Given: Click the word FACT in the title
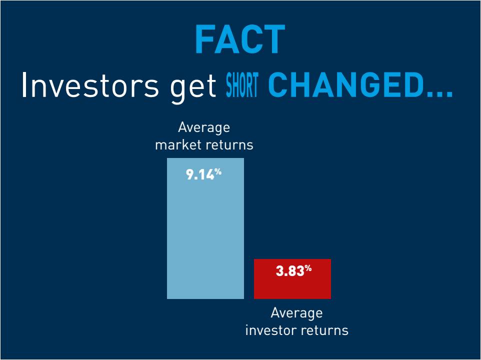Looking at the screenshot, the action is pos(240,39).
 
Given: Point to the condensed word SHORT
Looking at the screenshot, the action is pos(242,85).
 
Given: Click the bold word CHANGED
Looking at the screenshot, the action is pos(345,85).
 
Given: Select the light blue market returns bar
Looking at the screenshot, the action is pos(205,228).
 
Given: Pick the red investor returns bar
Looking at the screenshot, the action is pos(292,279).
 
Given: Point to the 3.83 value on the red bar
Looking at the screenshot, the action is pos(289,271).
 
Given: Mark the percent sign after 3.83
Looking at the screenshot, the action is pos(308,268).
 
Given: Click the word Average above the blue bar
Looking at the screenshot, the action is pos(204,127).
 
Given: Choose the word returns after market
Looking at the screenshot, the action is pos(229,145).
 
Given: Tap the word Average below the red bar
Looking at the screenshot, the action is pos(296,313).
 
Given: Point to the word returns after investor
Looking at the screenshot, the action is pos(324,331).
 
